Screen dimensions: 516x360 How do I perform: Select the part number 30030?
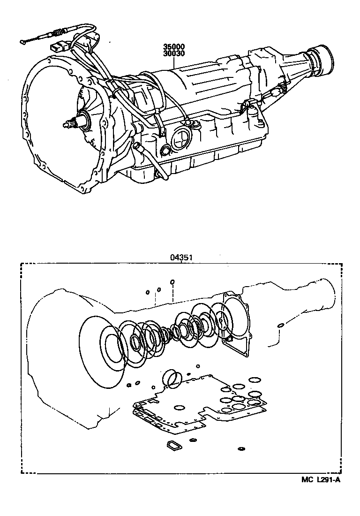click(174, 54)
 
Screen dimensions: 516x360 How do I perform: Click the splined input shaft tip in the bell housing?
click(68, 125)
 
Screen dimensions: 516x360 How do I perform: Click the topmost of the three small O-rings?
click(172, 282)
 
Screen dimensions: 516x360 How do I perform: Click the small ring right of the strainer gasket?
click(193, 440)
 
